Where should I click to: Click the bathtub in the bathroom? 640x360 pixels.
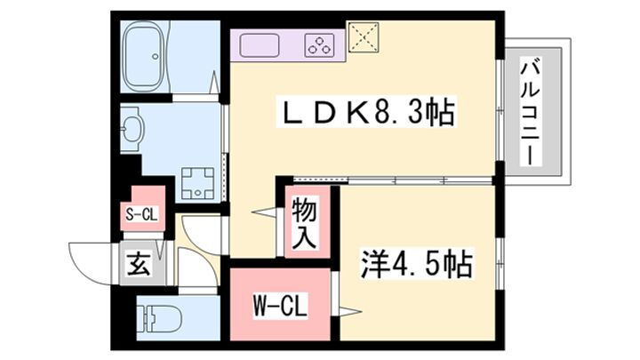(143, 56)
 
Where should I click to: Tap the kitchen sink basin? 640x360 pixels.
(260, 45)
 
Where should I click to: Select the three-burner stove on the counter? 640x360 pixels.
(319, 45)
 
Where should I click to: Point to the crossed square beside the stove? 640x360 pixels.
(364, 37)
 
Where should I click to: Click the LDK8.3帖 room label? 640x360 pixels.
(365, 112)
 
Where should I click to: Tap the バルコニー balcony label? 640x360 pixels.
(530, 112)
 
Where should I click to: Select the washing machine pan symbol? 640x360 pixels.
(198, 183)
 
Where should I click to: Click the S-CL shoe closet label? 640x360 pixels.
(141, 214)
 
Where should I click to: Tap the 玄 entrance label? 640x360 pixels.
(140, 265)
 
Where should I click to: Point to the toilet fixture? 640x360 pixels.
(160, 318)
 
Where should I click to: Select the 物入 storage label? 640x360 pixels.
(304, 223)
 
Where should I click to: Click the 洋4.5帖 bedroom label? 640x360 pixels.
(416, 264)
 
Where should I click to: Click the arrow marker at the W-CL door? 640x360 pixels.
(348, 312)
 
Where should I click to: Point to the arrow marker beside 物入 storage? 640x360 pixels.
(264, 212)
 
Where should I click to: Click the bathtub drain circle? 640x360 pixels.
(156, 56)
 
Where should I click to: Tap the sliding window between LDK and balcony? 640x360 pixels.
(500, 110)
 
